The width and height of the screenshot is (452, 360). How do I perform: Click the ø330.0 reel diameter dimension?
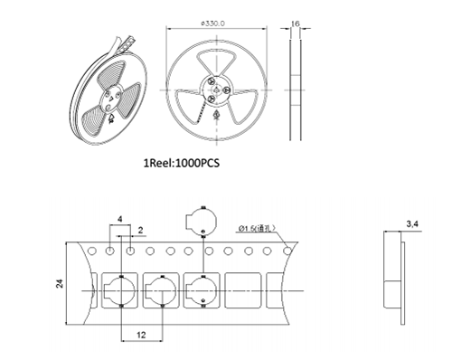[212, 24]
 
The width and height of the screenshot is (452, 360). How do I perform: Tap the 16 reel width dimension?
[296, 24]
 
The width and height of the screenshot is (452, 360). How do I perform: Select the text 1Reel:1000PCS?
[182, 163]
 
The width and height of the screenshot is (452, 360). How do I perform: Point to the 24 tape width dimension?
[60, 283]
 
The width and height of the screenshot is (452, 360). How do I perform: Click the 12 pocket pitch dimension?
[141, 335]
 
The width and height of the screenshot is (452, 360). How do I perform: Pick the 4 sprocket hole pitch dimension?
[120, 219]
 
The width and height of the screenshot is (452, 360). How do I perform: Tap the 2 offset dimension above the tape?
[141, 231]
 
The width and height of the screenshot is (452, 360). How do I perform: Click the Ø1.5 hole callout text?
[257, 229]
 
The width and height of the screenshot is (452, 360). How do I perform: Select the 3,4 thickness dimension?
[412, 224]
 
